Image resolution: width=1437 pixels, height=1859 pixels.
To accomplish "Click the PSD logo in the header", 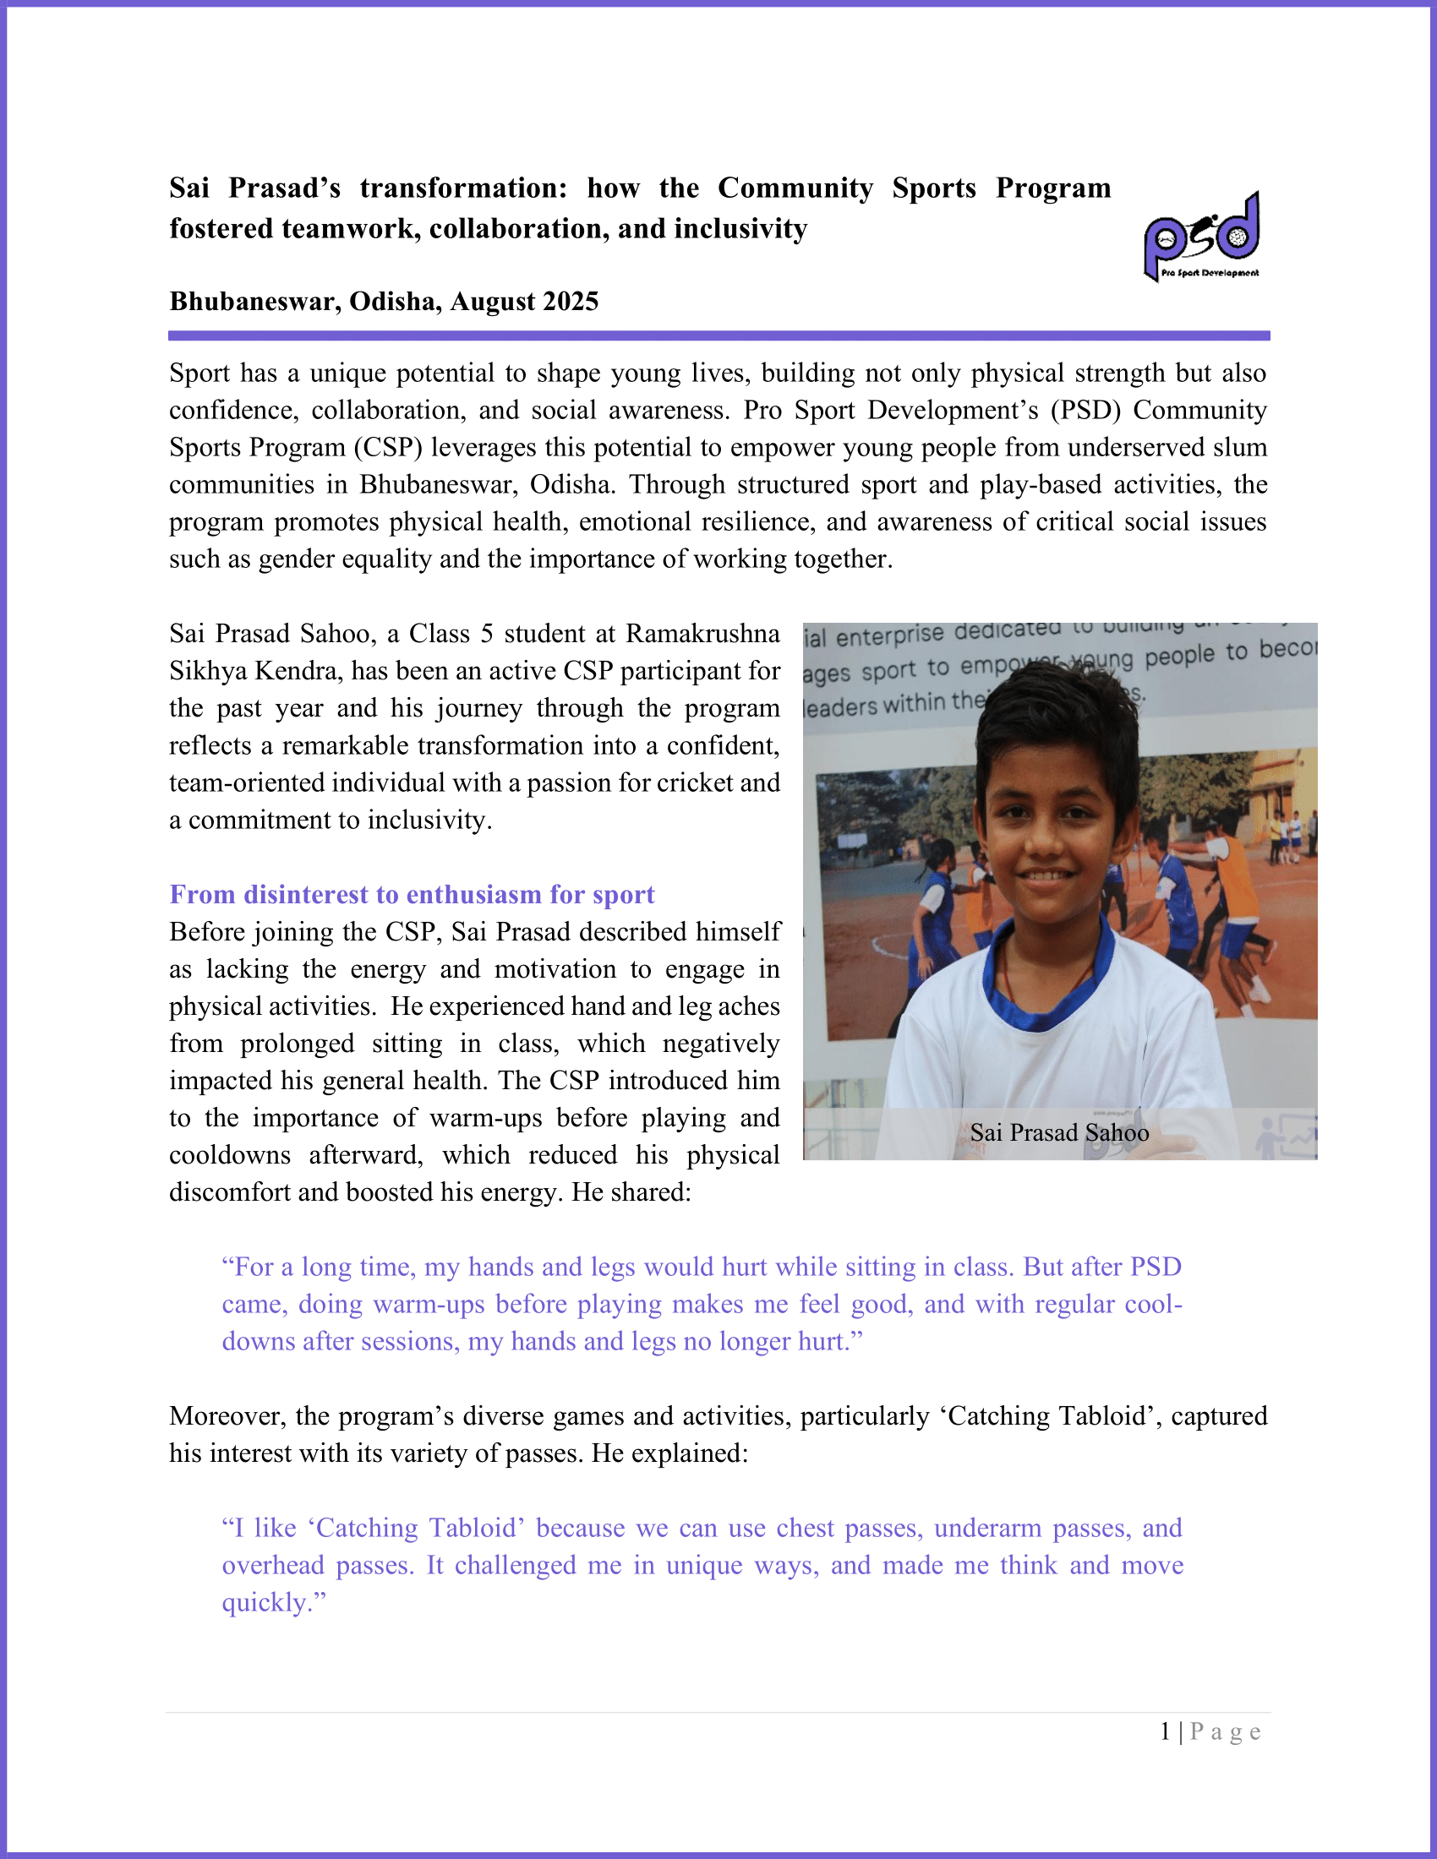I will [1201, 236].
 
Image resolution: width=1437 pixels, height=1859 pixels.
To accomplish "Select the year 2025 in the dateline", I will [571, 302].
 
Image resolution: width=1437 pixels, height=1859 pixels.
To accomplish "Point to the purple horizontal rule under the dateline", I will [718, 336].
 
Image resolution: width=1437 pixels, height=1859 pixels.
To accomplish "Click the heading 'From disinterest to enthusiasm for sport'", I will [412, 895].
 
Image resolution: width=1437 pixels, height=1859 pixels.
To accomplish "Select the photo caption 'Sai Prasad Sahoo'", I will [1059, 1133].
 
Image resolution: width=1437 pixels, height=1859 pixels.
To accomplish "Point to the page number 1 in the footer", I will [1166, 1731].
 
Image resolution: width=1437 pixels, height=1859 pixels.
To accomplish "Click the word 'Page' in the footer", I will [1225, 1732].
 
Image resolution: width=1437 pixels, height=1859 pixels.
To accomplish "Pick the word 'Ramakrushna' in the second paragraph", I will [702, 634].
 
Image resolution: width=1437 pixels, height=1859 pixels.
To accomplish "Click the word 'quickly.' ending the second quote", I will [274, 1603].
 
